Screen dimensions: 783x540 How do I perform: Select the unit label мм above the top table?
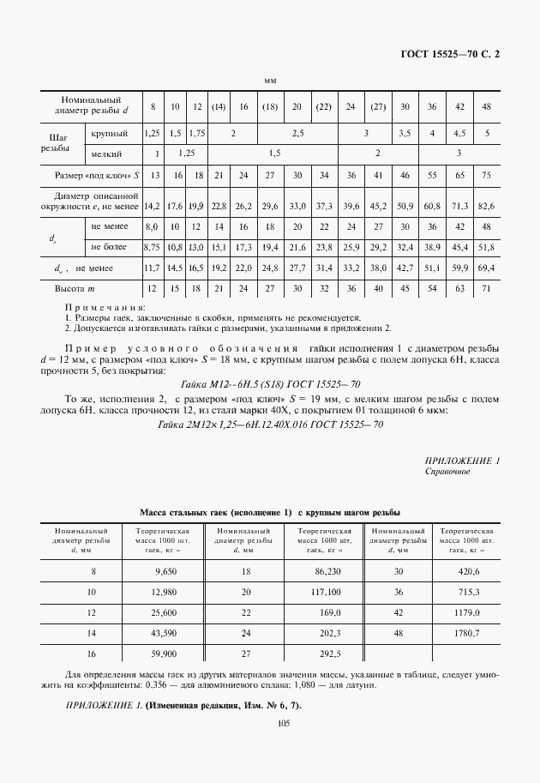click(270, 81)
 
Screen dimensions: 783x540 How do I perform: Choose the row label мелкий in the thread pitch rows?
click(108, 154)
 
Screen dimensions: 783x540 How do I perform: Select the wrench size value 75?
click(486, 175)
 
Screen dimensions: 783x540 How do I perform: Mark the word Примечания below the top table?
click(105, 307)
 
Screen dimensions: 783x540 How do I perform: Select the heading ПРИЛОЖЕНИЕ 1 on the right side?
click(462, 461)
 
